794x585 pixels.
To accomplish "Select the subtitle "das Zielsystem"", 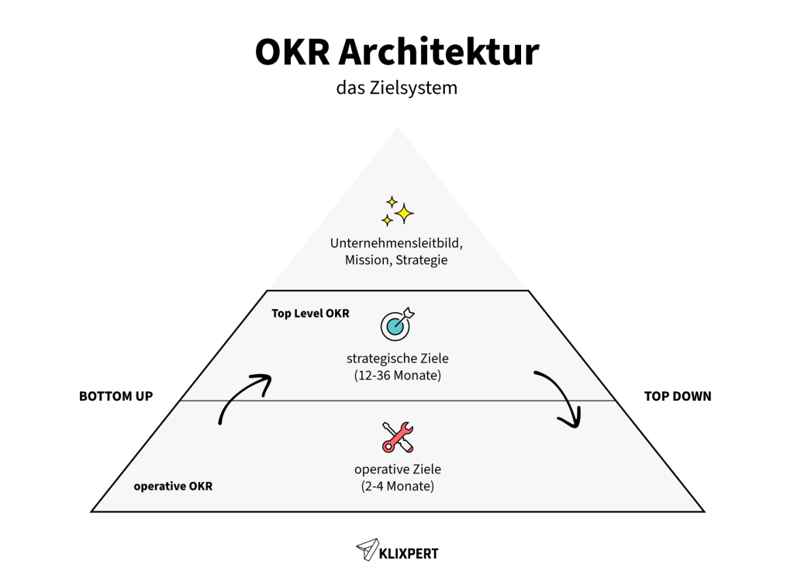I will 396,88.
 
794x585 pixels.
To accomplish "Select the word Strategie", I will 421,260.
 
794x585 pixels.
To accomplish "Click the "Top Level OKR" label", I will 310,314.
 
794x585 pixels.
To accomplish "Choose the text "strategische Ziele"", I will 397,359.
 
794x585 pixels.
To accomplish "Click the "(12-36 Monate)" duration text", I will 397,376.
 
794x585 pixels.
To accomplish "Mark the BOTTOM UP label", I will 116,396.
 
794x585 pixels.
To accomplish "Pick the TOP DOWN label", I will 677,396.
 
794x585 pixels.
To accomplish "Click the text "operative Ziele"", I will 397,470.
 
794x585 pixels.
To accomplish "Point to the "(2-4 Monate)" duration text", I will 397,487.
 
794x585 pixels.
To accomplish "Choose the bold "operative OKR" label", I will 173,487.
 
